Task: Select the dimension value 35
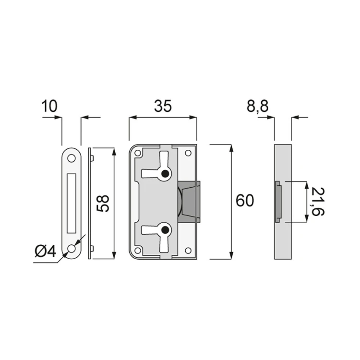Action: pos(163,106)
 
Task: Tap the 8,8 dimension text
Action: pos(258,106)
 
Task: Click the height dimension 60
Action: pos(245,201)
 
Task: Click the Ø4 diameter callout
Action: pos(46,250)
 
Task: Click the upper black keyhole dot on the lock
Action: pos(166,174)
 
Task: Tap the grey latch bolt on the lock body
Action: pos(190,202)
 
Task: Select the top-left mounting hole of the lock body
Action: pos(138,154)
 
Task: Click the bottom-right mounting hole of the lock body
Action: pos(188,250)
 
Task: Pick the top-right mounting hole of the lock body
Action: pos(188,154)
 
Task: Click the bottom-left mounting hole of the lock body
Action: pos(138,250)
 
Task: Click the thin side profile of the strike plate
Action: pos(90,202)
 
